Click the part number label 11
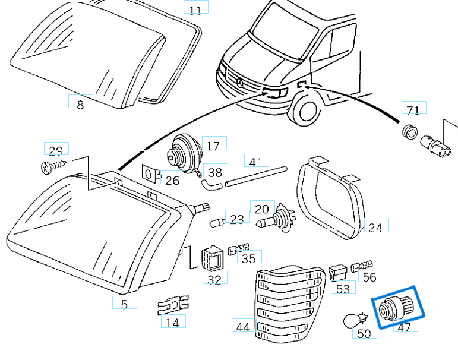pyautogui.click(x=195, y=10)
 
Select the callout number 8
pyautogui.click(x=81, y=103)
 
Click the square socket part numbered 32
pyautogui.click(x=211, y=257)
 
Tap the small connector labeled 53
pyautogui.click(x=337, y=272)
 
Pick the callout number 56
pyautogui.click(x=369, y=276)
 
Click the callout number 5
pyautogui.click(x=124, y=304)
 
